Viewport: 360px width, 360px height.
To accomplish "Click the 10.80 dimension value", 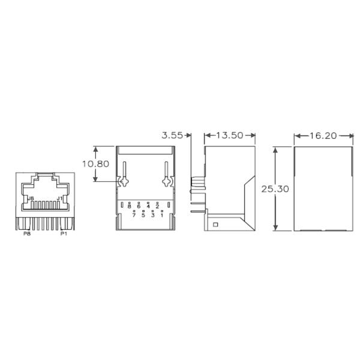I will (x=96, y=163).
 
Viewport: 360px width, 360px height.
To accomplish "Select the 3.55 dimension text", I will (x=172, y=136).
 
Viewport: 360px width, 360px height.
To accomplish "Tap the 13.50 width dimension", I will (x=230, y=136).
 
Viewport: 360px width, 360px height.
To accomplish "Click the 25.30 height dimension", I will (x=275, y=188).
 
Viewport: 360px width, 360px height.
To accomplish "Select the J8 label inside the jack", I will (x=31, y=197).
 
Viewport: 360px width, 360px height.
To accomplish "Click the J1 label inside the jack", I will (x=59, y=197).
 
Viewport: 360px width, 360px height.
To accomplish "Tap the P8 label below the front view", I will (x=27, y=235).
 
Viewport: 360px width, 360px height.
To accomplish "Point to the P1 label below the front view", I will (x=63, y=235).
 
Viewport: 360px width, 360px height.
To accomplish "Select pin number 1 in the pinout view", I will (x=161, y=215).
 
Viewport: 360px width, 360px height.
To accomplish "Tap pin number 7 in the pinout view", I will (x=134, y=215).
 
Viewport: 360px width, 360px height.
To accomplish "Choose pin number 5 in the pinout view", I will (x=143, y=215).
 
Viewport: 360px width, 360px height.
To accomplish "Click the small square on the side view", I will (x=215, y=225).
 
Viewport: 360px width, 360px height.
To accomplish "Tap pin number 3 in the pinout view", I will (x=152, y=215).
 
